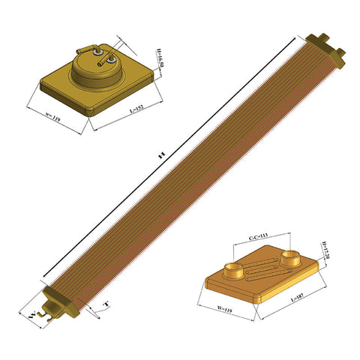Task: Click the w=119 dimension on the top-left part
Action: pyautogui.click(x=53, y=118)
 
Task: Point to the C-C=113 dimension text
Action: pyautogui.click(x=258, y=237)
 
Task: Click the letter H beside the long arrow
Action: pyautogui.click(x=160, y=155)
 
